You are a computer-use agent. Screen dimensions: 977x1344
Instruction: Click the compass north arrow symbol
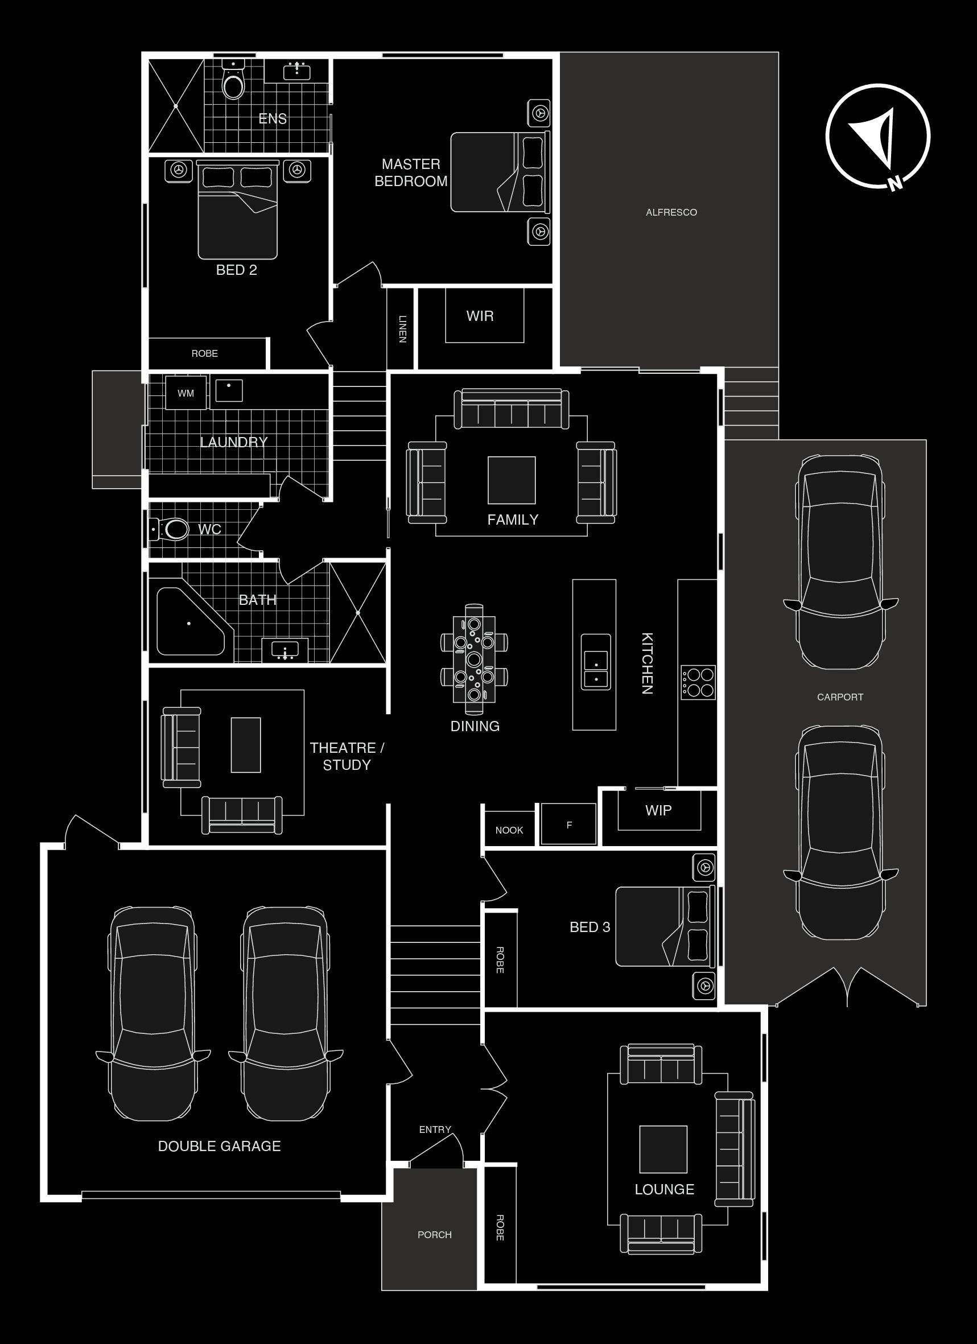pyautogui.click(x=878, y=137)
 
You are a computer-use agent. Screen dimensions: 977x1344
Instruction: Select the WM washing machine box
pyautogui.click(x=186, y=392)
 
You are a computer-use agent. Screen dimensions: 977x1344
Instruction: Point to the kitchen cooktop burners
pyautogui.click(x=698, y=683)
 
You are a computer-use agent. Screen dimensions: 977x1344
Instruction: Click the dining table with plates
pyautogui.click(x=474, y=659)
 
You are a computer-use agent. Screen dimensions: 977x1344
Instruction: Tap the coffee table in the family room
pyautogui.click(x=512, y=480)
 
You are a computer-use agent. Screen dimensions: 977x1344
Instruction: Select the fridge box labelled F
pyautogui.click(x=569, y=824)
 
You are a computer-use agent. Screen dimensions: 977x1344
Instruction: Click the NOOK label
pyautogui.click(x=509, y=830)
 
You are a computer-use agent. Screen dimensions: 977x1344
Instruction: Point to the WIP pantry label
pyautogui.click(x=658, y=810)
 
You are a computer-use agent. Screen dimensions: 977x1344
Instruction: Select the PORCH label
pyautogui.click(x=434, y=1234)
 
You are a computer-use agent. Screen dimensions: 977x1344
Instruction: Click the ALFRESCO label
pyautogui.click(x=671, y=212)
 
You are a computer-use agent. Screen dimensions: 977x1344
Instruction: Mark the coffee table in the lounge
pyautogui.click(x=663, y=1149)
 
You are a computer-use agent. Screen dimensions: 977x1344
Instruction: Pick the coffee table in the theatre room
pyautogui.click(x=246, y=745)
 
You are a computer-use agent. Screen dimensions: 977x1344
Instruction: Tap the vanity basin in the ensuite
pyautogui.click(x=296, y=71)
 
